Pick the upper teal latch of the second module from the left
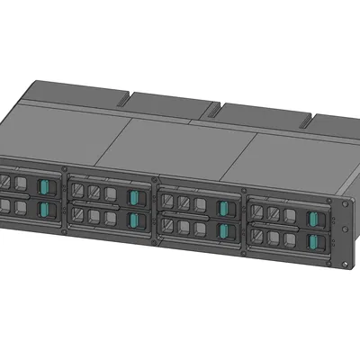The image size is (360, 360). [x=134, y=198]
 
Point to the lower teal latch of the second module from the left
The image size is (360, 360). [x=134, y=220]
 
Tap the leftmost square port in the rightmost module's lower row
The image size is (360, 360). [x=258, y=235]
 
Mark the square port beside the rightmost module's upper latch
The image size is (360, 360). [x=290, y=216]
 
